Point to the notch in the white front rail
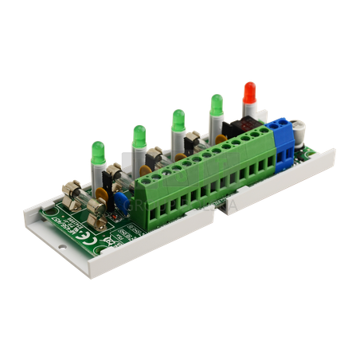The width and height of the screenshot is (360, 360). pos(226,209)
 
